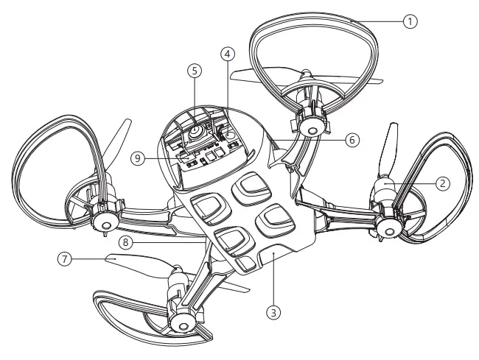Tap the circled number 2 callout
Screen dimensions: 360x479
pos(441,184)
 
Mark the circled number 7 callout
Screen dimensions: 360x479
pos(66,259)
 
